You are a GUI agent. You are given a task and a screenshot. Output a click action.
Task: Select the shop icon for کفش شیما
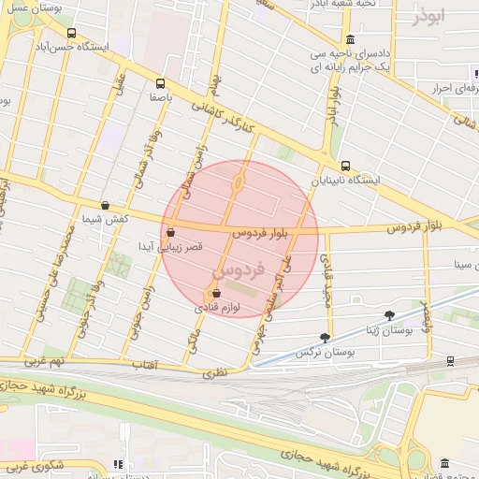tap(104, 205)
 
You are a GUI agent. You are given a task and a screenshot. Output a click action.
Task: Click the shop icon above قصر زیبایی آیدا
tap(170, 232)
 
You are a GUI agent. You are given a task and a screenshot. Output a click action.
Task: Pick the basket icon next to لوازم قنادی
tap(217, 293)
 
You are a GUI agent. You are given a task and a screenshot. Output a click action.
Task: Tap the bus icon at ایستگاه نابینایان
tap(345, 165)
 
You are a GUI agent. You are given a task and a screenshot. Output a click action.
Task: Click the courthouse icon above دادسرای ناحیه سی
tap(350, 39)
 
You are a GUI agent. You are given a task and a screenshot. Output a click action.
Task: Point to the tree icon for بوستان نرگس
tap(325, 337)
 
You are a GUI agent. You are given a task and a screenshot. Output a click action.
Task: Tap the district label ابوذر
tap(425, 17)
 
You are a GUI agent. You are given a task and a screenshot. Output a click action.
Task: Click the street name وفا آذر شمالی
tap(149, 150)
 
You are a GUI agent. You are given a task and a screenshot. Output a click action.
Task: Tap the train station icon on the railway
tap(450, 359)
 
